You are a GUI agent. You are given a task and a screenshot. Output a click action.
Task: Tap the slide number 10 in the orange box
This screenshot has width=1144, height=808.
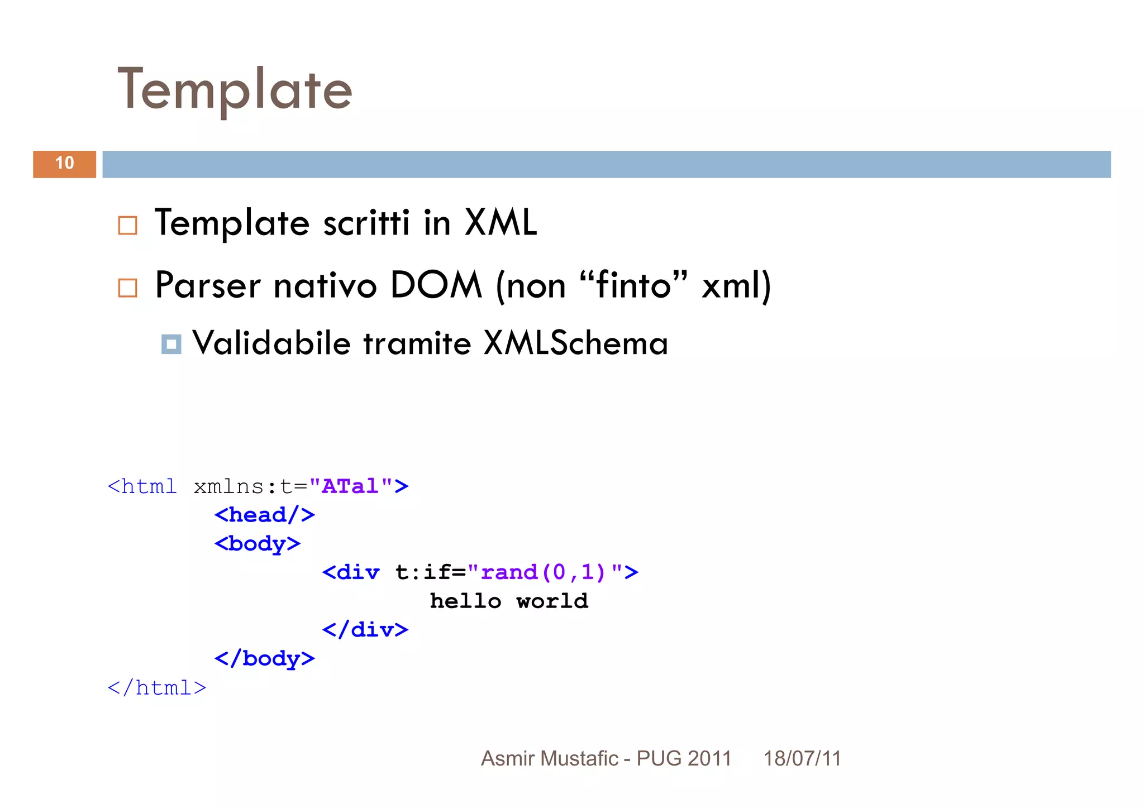click(64, 163)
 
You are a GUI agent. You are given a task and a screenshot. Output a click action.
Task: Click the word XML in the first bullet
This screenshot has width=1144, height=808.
click(500, 223)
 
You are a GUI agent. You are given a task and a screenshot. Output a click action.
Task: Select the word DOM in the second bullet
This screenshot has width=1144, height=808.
click(436, 285)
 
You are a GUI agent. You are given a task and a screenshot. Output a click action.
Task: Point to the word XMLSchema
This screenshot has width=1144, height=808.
click(575, 343)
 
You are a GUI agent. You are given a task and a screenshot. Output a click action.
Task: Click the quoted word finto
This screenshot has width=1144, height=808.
click(633, 285)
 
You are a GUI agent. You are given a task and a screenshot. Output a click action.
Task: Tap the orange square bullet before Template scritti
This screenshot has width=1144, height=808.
click(127, 226)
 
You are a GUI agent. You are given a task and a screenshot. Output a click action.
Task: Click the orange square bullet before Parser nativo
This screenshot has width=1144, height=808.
click(127, 288)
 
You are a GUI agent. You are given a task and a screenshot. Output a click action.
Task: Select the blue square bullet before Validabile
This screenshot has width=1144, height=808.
click(171, 344)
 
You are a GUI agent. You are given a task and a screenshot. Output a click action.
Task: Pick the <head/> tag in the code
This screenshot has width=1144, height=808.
click(264, 515)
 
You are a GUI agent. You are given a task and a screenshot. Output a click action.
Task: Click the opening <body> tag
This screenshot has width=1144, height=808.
click(257, 543)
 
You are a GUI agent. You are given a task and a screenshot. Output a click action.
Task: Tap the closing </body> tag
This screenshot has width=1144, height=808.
click(264, 658)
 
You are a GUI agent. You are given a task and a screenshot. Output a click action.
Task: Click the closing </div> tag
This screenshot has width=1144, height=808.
click(365, 630)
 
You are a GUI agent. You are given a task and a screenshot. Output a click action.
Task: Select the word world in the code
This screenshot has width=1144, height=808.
click(552, 601)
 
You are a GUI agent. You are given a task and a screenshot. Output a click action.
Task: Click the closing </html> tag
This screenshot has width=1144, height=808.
click(157, 687)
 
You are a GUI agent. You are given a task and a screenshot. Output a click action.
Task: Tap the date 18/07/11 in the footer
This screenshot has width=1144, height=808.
click(802, 758)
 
